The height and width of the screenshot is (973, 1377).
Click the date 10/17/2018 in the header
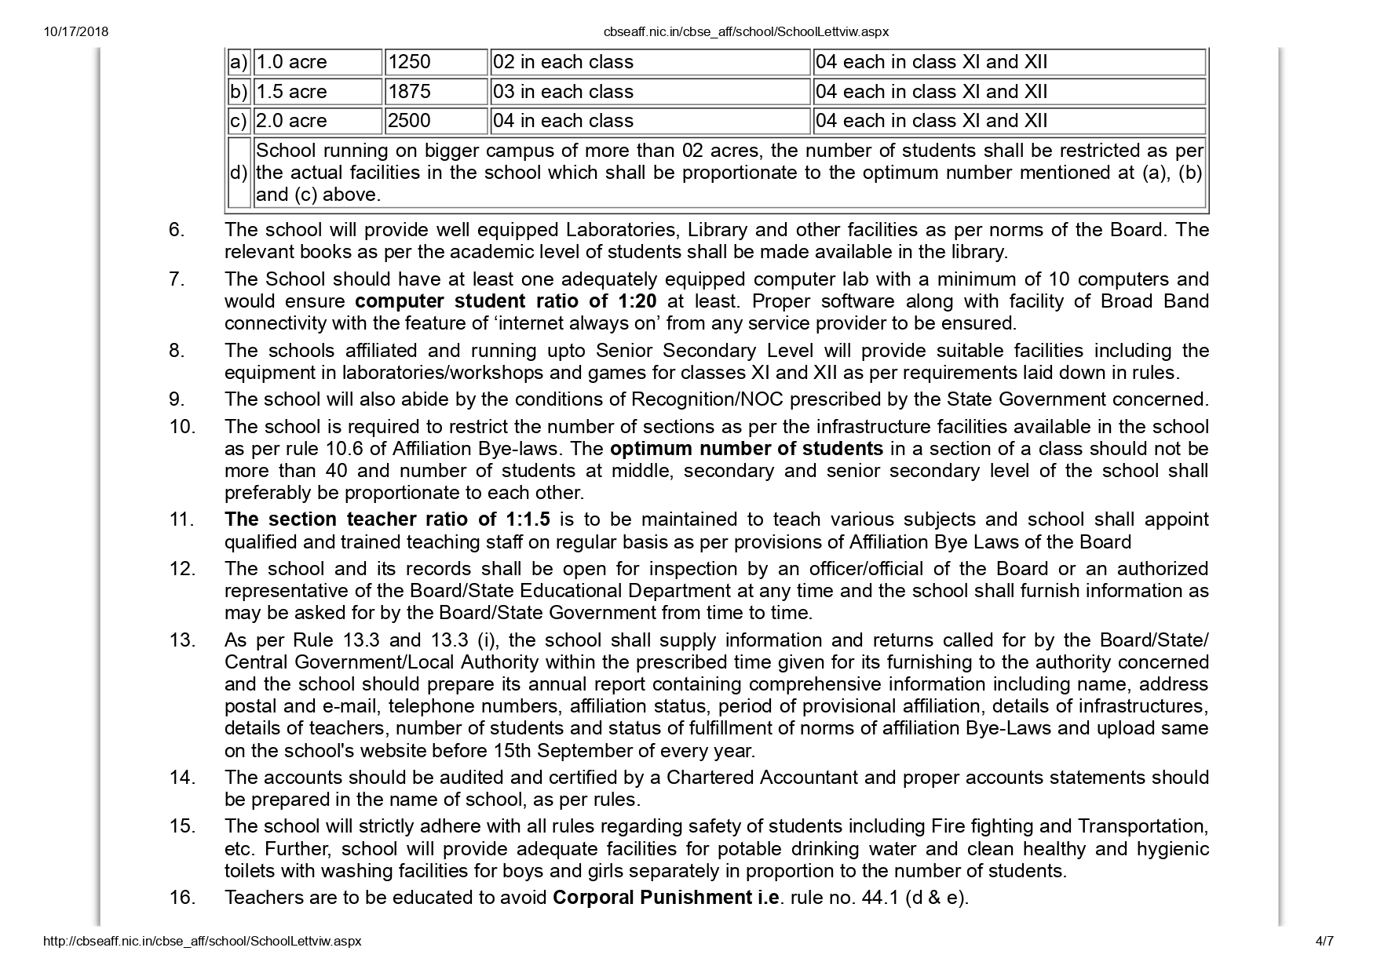pyautogui.click(x=76, y=32)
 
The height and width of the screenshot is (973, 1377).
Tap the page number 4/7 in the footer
pyautogui.click(x=1324, y=941)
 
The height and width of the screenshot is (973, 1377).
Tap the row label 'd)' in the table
pyautogui.click(x=238, y=173)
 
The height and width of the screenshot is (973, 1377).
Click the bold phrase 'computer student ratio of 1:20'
pyautogui.click(x=506, y=301)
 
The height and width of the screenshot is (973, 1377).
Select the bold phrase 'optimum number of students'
pyautogui.click(x=746, y=449)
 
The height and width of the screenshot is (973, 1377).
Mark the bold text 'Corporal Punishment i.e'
pyautogui.click(x=667, y=898)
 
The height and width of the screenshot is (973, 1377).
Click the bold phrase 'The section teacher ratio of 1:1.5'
pyautogui.click(x=387, y=519)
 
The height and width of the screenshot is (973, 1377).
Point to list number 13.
pyautogui.click(x=182, y=640)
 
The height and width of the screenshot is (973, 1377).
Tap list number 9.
pyautogui.click(x=177, y=399)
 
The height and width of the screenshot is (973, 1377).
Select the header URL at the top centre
pyautogui.click(x=746, y=32)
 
